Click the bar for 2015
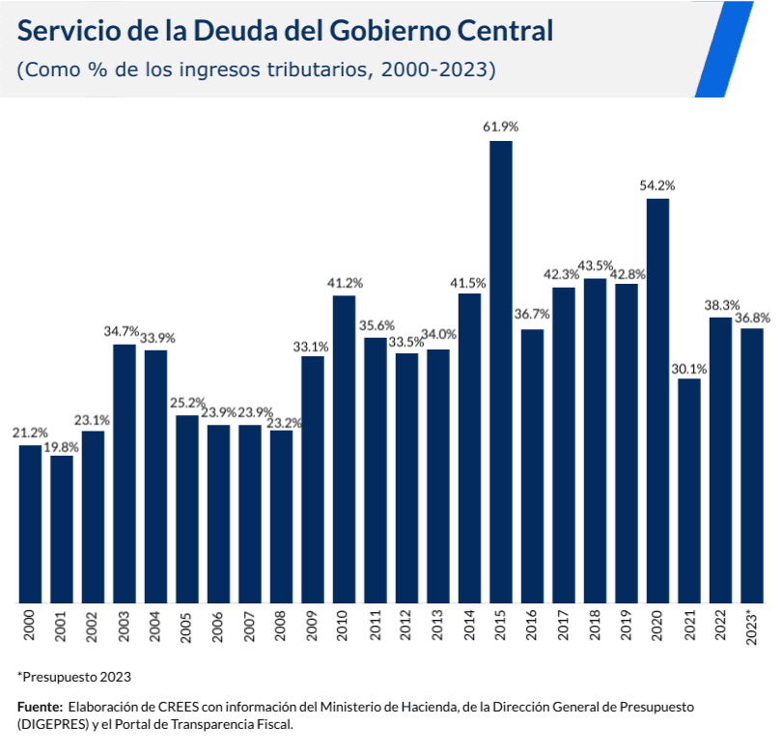[500, 372]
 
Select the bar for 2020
[657, 401]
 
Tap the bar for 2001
[62, 529]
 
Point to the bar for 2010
[344, 449]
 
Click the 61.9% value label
[500, 126]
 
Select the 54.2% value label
[657, 184]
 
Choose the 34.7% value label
[123, 330]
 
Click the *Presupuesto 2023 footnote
[73, 676]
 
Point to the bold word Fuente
[40, 708]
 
